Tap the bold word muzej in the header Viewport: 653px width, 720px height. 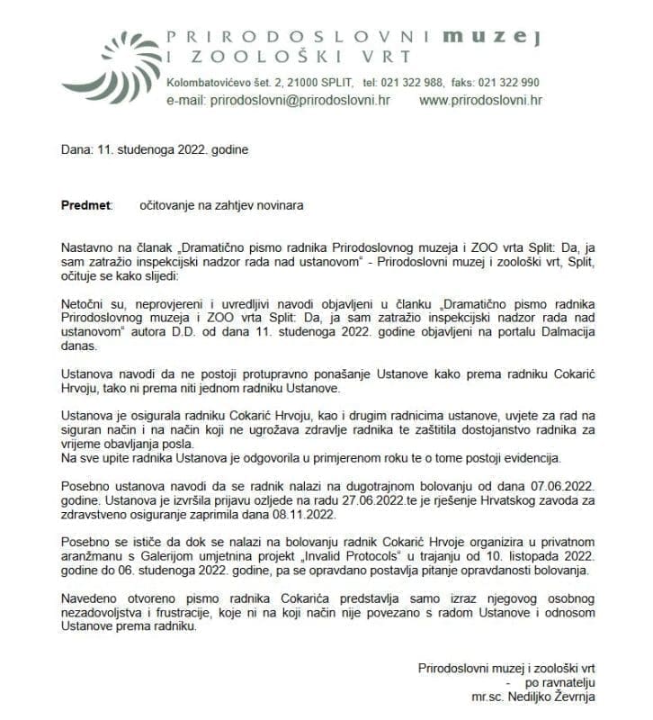coord(503,37)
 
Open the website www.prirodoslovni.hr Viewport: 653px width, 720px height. coord(480,100)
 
